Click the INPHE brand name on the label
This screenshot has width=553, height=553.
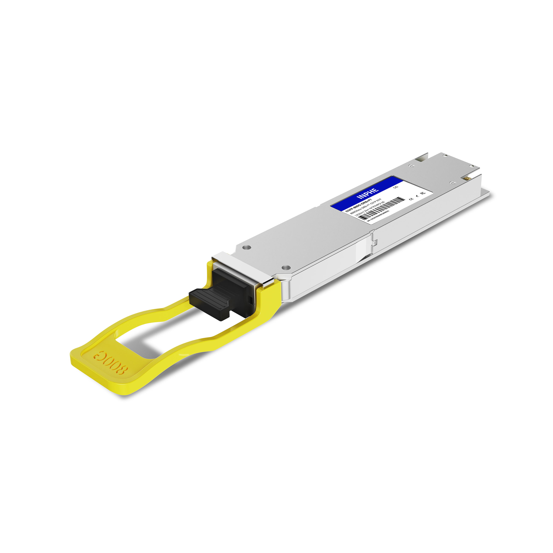(368, 193)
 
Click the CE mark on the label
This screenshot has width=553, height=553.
(412, 198)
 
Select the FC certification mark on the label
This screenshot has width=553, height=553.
(422, 193)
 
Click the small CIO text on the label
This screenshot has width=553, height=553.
(396, 187)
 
